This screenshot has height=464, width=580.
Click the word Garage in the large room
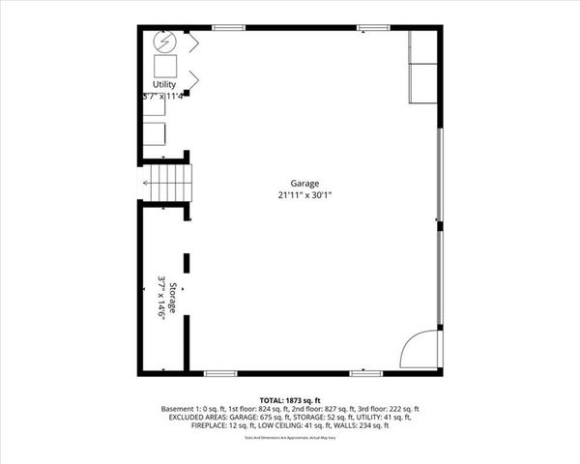[x=304, y=184]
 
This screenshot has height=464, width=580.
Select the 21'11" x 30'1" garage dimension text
[x=304, y=194]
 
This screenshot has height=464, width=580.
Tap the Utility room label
[x=164, y=85]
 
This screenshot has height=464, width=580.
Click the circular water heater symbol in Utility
[x=164, y=42]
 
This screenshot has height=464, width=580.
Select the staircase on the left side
[x=168, y=183]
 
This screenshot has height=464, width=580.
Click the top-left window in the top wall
[x=227, y=27]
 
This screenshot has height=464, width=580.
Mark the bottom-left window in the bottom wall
[x=220, y=373]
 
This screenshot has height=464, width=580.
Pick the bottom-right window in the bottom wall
[x=365, y=373]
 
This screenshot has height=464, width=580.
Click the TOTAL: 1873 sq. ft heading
[x=290, y=400]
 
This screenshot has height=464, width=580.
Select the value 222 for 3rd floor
[x=395, y=409]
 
